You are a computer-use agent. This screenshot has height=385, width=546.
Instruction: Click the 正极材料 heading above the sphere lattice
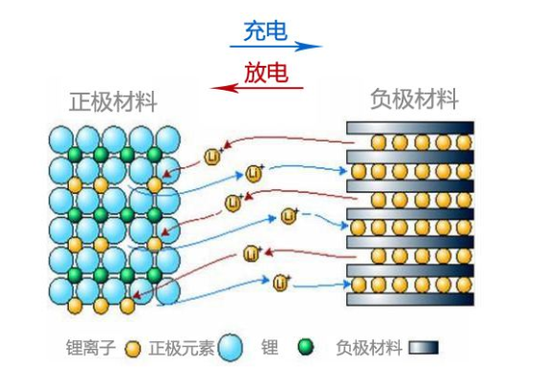(113, 101)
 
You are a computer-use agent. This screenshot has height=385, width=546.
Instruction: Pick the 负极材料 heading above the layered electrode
(414, 98)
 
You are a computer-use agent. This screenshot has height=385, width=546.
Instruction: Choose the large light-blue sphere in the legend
(230, 348)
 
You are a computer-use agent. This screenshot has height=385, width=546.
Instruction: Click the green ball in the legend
(306, 347)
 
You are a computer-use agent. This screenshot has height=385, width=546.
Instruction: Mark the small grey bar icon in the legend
(423, 348)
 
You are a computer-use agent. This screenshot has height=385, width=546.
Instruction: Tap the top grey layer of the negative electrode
(410, 128)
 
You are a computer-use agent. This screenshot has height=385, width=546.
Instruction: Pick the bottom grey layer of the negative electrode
(410, 298)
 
